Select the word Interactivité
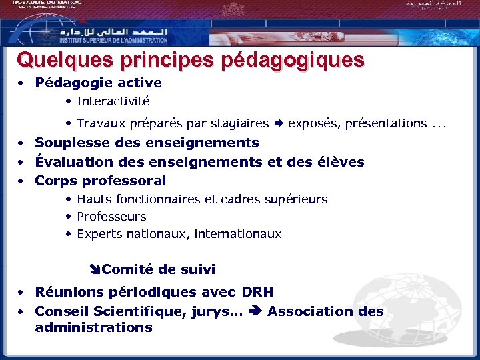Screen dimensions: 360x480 113,101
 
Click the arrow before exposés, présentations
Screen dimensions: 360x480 279,123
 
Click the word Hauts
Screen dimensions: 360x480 94,199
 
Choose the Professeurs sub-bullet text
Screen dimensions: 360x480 111,217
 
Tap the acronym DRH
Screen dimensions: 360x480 258,292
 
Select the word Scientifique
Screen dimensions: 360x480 140,311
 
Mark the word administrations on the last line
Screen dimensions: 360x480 93,327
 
